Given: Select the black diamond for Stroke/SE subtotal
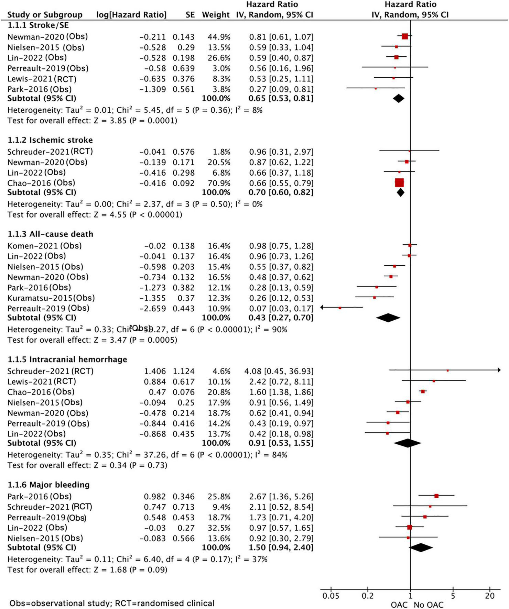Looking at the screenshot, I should click(x=398, y=99).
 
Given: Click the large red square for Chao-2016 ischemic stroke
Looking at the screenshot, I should click(x=399, y=182).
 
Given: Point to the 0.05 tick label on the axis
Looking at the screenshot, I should click(x=331, y=596).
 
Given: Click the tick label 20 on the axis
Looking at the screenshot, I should click(x=490, y=596).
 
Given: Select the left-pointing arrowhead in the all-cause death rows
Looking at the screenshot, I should click(x=322, y=308).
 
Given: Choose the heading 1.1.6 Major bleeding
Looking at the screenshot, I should click(x=48, y=485).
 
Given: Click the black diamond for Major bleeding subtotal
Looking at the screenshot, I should click(x=420, y=547).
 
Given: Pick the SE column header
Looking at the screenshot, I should click(x=190, y=15).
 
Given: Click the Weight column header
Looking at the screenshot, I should click(x=216, y=15).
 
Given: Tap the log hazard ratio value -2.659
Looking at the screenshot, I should click(x=152, y=309).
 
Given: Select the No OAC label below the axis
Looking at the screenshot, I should click(x=429, y=605).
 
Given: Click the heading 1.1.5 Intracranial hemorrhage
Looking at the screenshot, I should click(x=67, y=359).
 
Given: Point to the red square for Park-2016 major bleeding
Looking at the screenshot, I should click(x=436, y=496).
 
